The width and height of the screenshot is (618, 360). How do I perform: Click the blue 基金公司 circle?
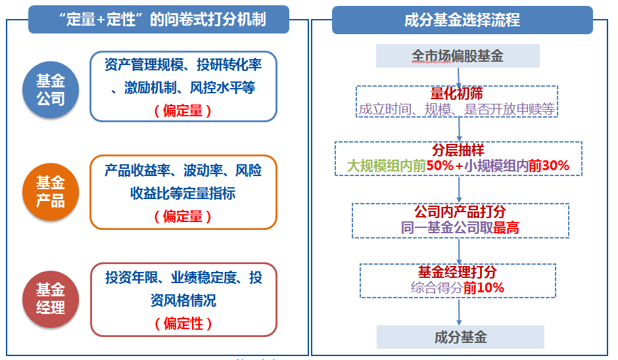pyautogui.click(x=51, y=90)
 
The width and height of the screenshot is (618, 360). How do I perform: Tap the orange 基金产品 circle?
pyautogui.click(x=51, y=191)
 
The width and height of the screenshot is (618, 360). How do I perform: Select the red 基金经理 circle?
pyautogui.click(x=51, y=298)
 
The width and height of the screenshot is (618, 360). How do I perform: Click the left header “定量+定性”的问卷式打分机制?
pyautogui.click(x=158, y=20)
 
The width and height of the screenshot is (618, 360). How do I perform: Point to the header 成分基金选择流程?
pyautogui.click(x=462, y=20)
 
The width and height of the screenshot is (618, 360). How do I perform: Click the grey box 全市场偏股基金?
pyautogui.click(x=458, y=56)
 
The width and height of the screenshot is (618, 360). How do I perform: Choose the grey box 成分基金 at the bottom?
pyautogui.click(x=460, y=338)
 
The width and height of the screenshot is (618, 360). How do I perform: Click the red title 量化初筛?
pyautogui.click(x=457, y=94)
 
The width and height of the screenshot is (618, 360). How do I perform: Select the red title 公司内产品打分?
pyautogui.click(x=460, y=212)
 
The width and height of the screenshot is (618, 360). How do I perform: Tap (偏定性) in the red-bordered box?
pyautogui.click(x=183, y=323)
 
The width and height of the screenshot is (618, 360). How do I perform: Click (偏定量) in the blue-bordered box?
pyautogui.click(x=183, y=110)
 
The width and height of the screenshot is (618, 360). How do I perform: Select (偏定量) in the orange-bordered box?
pyautogui.click(x=183, y=215)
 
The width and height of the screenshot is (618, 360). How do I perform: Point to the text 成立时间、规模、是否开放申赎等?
pyautogui.click(x=458, y=110)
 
